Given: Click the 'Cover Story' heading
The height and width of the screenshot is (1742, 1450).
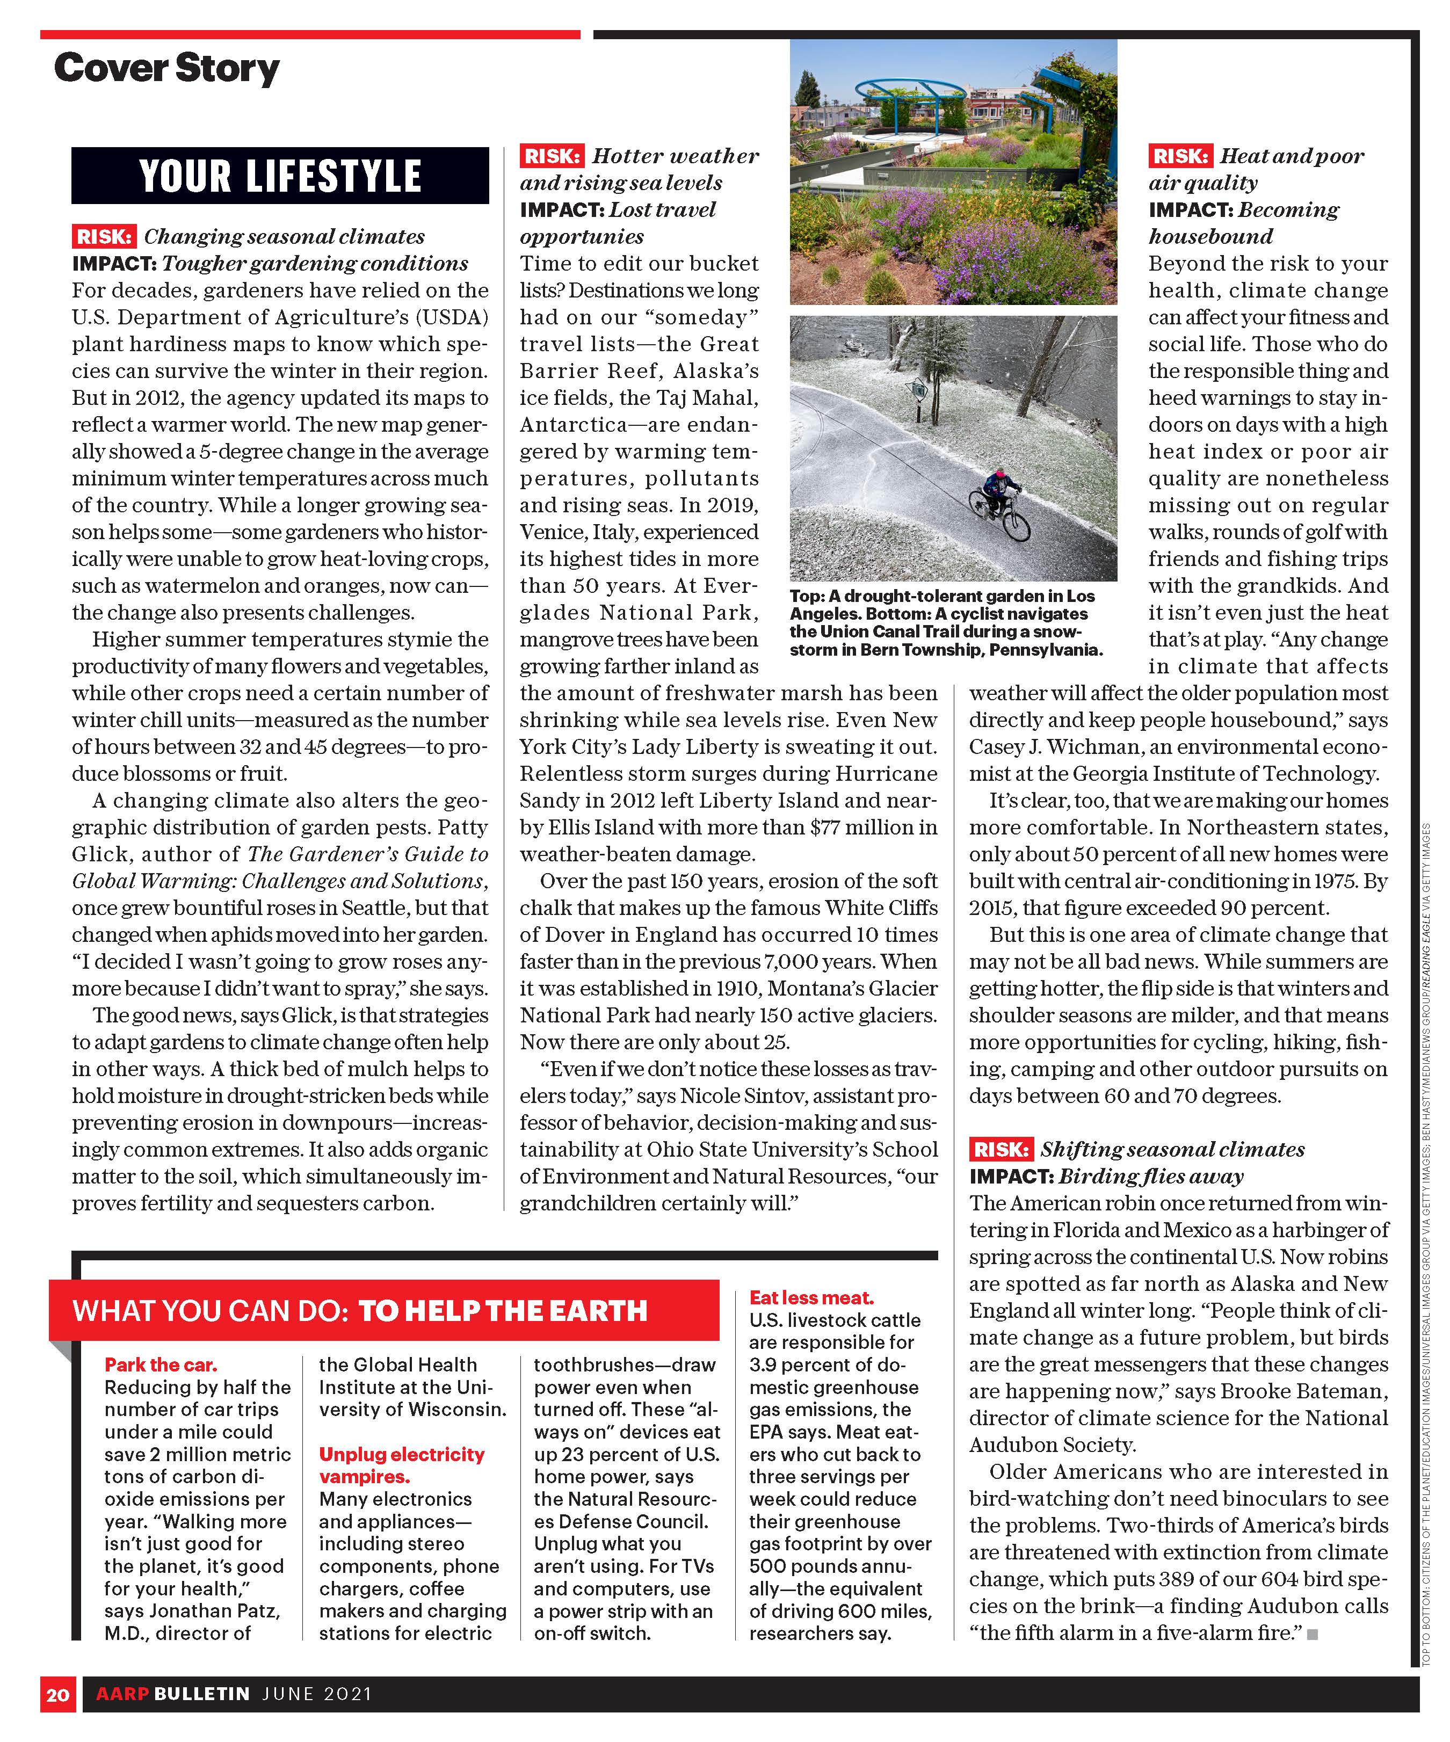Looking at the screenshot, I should click(x=166, y=69).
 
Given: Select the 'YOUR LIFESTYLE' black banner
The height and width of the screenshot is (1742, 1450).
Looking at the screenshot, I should click(x=280, y=176).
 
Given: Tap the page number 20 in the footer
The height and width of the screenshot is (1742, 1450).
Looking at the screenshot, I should click(x=57, y=1694).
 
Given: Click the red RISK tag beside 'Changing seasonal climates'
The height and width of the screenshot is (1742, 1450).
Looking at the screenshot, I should click(x=103, y=236).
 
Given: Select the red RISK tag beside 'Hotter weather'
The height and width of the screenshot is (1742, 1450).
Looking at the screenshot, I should click(x=552, y=156).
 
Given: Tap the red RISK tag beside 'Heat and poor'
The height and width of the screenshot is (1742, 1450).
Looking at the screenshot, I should click(x=1179, y=156).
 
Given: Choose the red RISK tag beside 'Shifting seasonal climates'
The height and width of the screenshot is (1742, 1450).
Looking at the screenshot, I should click(x=1001, y=1149).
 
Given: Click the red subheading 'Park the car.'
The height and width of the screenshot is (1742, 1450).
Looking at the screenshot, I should click(x=161, y=1364).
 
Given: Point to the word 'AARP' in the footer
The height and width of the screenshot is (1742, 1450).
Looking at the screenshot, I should click(x=121, y=1694).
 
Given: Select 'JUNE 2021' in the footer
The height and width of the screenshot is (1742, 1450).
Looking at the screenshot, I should click(x=317, y=1694).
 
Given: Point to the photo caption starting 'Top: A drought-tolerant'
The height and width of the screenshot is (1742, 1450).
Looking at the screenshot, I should click(x=946, y=622).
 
